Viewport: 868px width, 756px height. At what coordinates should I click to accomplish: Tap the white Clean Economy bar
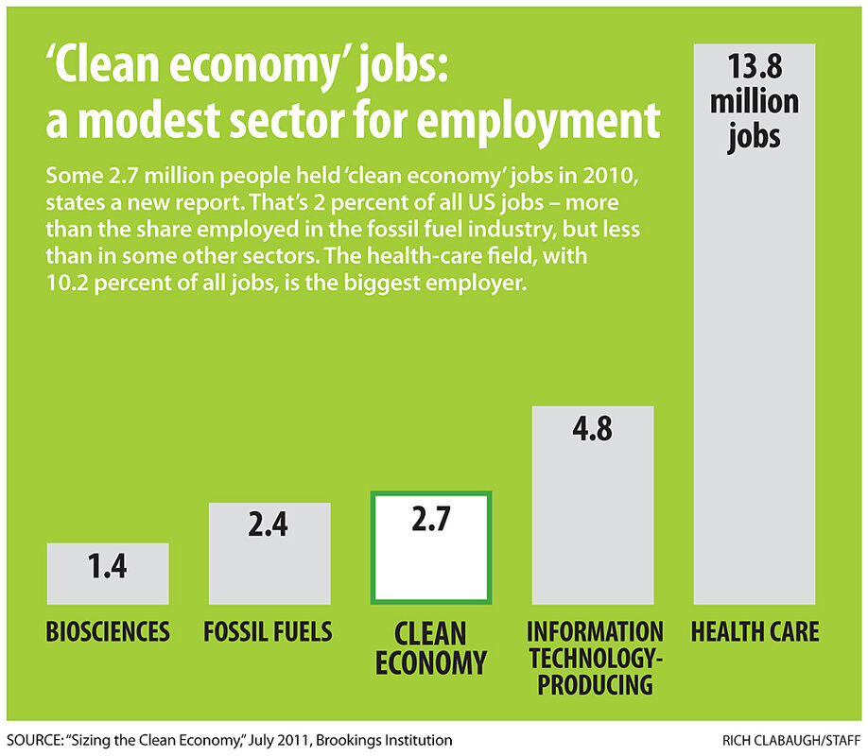tap(431, 558)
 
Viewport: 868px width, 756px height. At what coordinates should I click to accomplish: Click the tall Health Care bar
tap(755, 378)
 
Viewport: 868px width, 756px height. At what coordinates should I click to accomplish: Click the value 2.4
tap(269, 526)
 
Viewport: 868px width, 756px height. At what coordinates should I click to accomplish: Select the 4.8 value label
tap(593, 429)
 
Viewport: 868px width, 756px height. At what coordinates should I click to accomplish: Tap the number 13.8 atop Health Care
tap(754, 67)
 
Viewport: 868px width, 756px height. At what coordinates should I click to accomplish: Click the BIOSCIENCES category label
tap(108, 631)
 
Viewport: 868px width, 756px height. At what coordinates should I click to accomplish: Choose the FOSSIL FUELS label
tap(269, 631)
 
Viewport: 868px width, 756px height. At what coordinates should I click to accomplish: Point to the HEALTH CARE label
tap(755, 631)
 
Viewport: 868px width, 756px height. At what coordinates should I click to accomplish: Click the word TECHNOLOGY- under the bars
tap(595, 659)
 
